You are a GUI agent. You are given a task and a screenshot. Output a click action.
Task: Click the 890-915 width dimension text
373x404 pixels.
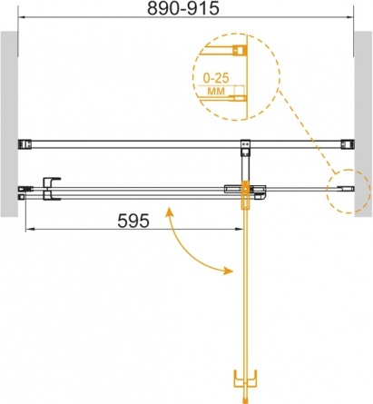click(x=183, y=8)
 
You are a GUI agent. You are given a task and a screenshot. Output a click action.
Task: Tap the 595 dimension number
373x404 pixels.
click(x=133, y=221)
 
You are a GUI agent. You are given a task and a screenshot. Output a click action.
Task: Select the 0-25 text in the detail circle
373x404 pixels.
click(x=216, y=78)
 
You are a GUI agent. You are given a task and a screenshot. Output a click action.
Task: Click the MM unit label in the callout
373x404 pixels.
click(x=217, y=91)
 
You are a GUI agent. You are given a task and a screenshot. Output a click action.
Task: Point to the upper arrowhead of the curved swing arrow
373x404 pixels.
click(x=169, y=212)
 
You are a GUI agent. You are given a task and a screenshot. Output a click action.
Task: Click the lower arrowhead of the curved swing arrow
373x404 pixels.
click(x=229, y=271)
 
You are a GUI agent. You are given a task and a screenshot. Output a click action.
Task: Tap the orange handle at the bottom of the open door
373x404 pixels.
click(x=245, y=379)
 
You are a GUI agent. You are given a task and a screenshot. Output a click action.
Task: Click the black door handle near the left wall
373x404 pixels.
click(x=51, y=188)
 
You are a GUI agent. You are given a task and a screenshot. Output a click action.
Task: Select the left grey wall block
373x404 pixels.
click(x=9, y=124)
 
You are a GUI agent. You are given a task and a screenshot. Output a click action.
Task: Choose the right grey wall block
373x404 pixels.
click(x=363, y=124)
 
